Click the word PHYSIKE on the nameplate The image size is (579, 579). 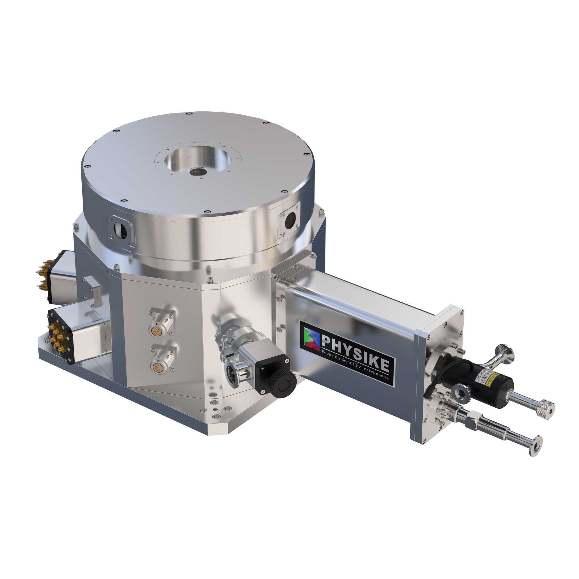355,348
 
